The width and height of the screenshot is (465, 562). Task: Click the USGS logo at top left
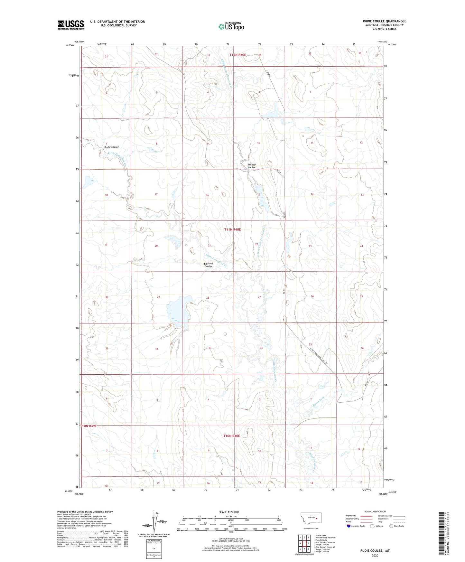pos(71,25)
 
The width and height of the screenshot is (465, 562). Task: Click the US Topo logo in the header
pos(231,26)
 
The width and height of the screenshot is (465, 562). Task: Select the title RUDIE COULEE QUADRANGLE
pos(384,21)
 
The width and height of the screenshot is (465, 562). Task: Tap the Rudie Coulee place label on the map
pos(111,147)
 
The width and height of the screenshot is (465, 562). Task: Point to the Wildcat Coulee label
pos(252,166)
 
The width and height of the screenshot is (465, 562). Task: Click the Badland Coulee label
pos(208,265)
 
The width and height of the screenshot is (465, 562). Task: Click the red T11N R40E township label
pos(232,229)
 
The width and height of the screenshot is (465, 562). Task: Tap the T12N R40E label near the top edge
pos(237,55)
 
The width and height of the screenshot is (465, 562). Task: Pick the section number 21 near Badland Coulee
pos(209,246)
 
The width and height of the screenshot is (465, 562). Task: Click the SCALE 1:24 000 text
pos(229,512)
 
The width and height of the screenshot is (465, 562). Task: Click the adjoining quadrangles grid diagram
pos(304,544)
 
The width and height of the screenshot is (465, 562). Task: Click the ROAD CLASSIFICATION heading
pos(375,511)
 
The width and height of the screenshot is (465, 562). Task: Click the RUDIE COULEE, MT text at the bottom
pos(375,551)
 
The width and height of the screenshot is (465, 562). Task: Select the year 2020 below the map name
pos(375,556)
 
